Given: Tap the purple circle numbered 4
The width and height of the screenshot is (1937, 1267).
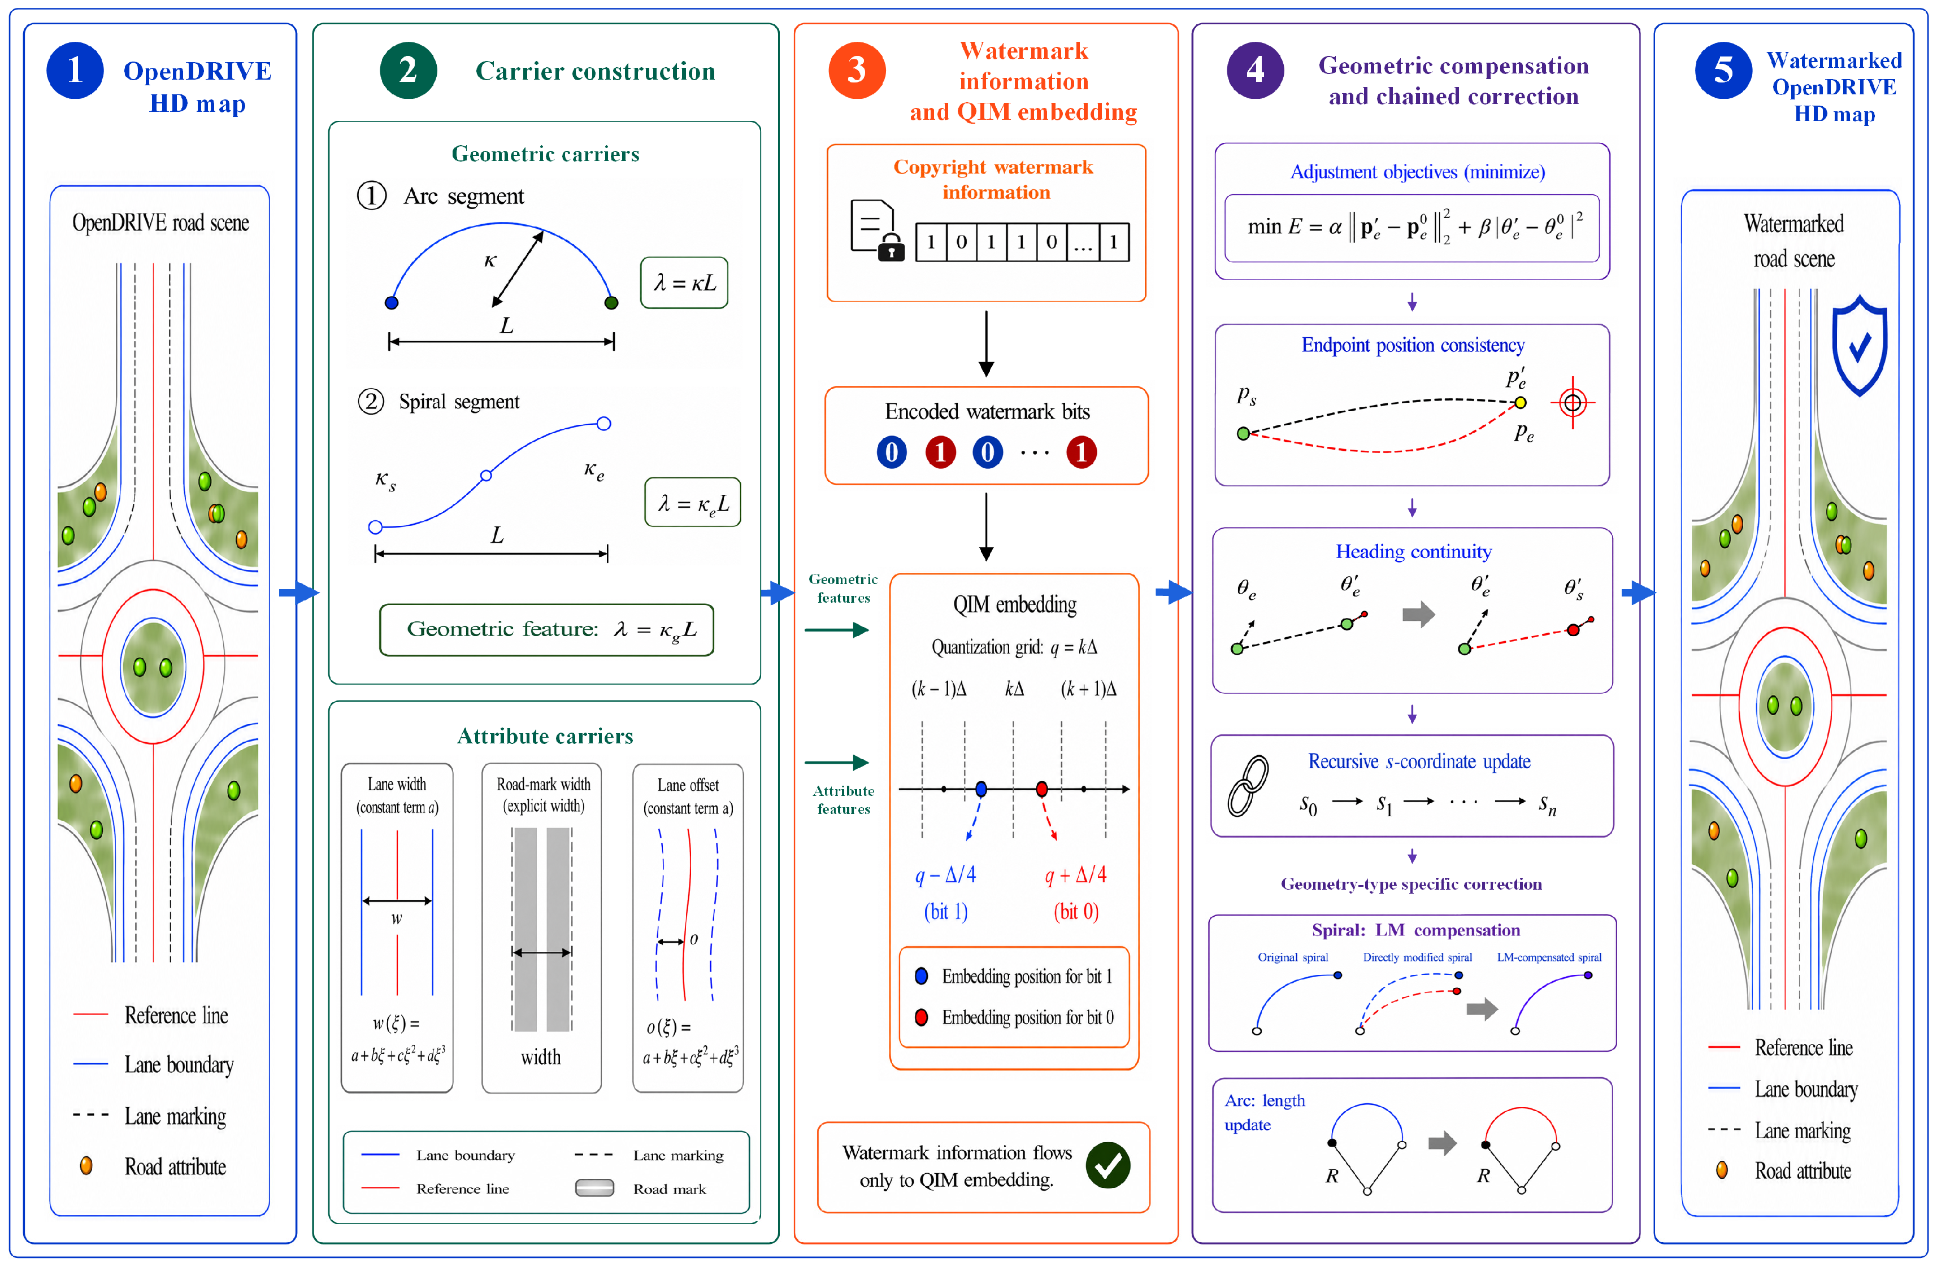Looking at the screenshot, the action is [1255, 70].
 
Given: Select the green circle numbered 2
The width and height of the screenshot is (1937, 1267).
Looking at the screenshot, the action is [408, 70].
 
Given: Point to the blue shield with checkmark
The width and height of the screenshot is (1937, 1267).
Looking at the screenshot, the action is [1860, 345].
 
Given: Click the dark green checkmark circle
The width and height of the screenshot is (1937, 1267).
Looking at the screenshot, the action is [1108, 1165].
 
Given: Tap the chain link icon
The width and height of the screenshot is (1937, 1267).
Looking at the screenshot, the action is [1248, 785].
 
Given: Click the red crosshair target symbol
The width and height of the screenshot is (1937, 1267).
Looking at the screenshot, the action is [1573, 402].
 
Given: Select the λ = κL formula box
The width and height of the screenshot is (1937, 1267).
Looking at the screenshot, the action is [684, 282].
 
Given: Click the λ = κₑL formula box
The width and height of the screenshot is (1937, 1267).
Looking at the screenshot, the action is [693, 502].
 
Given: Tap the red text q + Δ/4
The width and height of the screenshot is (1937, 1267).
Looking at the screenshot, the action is [1075, 875].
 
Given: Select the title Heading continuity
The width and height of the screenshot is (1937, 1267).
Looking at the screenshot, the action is [1414, 552].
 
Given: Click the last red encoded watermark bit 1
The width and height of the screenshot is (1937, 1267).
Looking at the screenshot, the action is [1081, 452].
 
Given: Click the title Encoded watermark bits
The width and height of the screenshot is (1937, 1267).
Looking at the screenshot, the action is [987, 412].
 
